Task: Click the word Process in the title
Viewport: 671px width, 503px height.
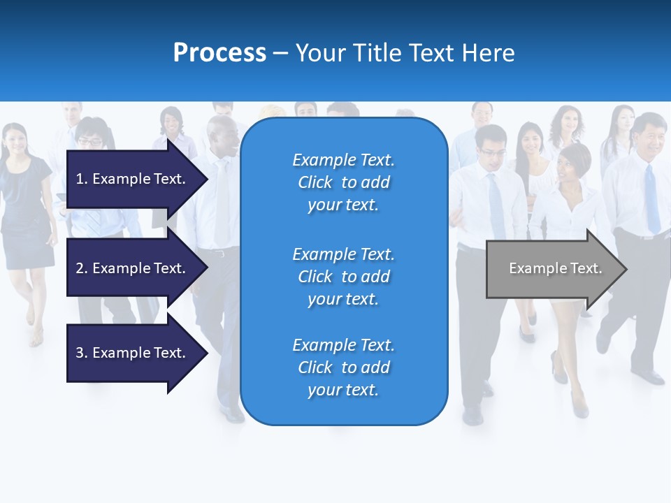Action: [x=219, y=53]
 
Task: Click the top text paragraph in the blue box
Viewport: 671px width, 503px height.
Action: [x=343, y=182]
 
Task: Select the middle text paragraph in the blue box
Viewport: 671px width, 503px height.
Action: [x=343, y=277]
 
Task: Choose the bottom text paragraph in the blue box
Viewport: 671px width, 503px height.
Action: [x=343, y=367]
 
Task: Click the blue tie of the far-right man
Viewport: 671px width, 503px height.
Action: [x=651, y=199]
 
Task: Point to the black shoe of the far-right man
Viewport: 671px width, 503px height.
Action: [x=648, y=377]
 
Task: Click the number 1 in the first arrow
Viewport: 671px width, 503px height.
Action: [x=80, y=179]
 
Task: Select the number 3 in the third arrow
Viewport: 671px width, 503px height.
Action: [x=80, y=353]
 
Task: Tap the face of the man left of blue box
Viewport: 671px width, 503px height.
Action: [x=222, y=138]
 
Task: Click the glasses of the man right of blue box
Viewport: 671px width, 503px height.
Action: [x=491, y=152]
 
